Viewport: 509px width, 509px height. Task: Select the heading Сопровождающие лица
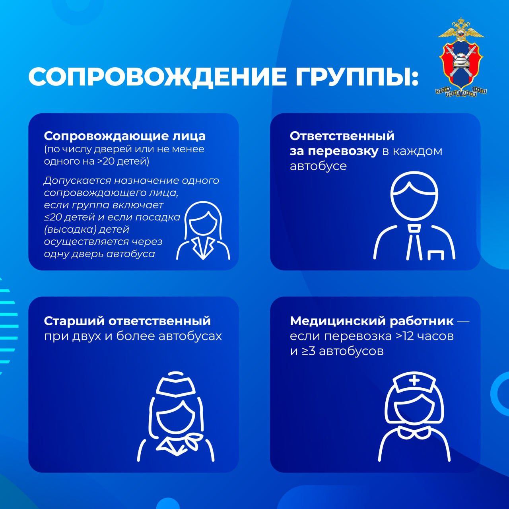124,136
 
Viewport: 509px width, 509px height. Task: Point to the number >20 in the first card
108,161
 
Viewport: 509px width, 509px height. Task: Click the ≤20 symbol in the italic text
52,218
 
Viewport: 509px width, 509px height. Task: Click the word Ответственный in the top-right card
342,136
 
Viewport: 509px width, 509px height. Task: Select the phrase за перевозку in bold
334,151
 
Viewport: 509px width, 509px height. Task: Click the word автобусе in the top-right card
318,166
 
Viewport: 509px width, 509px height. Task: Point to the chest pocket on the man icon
436,254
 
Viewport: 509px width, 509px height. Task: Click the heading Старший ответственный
127,321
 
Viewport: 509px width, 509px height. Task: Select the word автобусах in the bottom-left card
190,336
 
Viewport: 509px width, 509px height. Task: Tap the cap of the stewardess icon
175,384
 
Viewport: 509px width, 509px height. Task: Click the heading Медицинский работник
372,321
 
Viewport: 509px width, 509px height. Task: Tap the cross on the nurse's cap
414,380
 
